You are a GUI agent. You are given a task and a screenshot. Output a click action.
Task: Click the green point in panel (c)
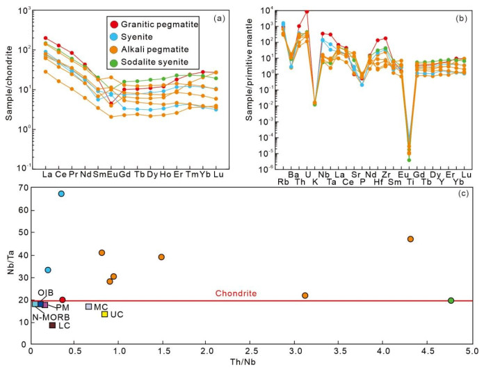(x=451, y=300)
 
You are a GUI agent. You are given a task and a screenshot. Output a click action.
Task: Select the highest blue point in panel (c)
(x=61, y=193)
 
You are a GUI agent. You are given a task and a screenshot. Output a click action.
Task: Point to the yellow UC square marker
(x=104, y=314)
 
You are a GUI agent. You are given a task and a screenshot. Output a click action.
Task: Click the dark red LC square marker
(x=53, y=325)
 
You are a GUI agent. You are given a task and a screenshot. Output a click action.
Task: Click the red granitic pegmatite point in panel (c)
(x=63, y=300)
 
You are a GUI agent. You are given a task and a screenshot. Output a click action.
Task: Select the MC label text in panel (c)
(x=102, y=307)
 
